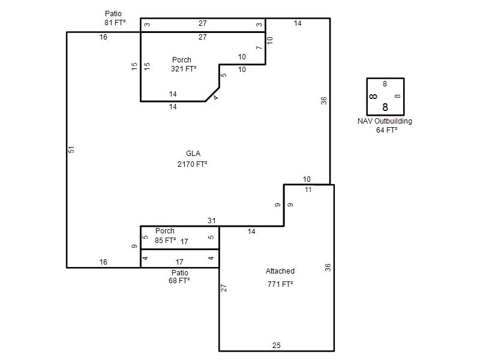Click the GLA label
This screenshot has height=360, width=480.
(x=193, y=154)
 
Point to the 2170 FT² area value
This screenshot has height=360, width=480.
(x=192, y=164)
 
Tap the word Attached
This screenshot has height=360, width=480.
(x=280, y=271)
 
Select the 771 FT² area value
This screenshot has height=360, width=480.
(x=280, y=284)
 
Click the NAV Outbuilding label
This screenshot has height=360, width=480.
(x=385, y=121)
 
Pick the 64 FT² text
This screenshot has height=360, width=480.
(x=386, y=130)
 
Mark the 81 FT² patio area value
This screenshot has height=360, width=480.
(x=115, y=22)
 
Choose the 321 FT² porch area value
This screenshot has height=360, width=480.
(x=184, y=69)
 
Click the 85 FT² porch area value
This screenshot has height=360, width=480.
(x=166, y=241)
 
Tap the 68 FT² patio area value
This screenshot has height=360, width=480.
(x=179, y=280)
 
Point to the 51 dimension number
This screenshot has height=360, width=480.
(x=71, y=149)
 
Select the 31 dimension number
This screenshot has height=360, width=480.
(x=212, y=220)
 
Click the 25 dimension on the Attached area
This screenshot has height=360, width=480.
(x=277, y=346)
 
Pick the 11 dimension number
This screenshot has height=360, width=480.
(x=308, y=190)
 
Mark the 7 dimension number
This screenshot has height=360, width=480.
(x=259, y=47)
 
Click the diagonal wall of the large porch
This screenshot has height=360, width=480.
(x=212, y=94)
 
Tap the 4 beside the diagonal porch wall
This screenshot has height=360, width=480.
(x=216, y=97)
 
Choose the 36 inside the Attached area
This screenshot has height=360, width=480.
(x=328, y=268)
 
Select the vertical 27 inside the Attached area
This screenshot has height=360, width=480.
(x=224, y=288)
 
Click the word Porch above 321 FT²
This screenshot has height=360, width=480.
(x=182, y=59)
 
